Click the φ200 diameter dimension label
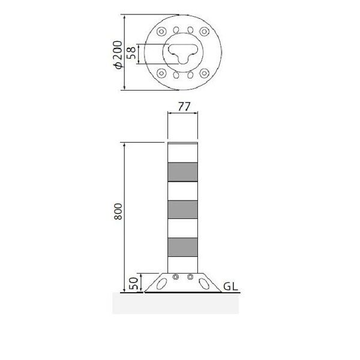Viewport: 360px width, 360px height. click(118, 55)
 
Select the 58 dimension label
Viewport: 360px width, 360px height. click(131, 53)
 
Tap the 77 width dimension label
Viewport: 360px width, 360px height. click(184, 107)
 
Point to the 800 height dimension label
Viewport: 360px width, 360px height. click(118, 211)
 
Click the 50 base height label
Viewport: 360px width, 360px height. click(133, 283)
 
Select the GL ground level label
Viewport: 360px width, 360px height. click(230, 287)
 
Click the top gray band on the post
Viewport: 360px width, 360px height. click(183, 172)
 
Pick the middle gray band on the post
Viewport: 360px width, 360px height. click(183, 209)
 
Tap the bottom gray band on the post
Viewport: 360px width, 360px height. click(183, 247)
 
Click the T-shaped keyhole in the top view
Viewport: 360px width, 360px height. click(183, 53)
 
